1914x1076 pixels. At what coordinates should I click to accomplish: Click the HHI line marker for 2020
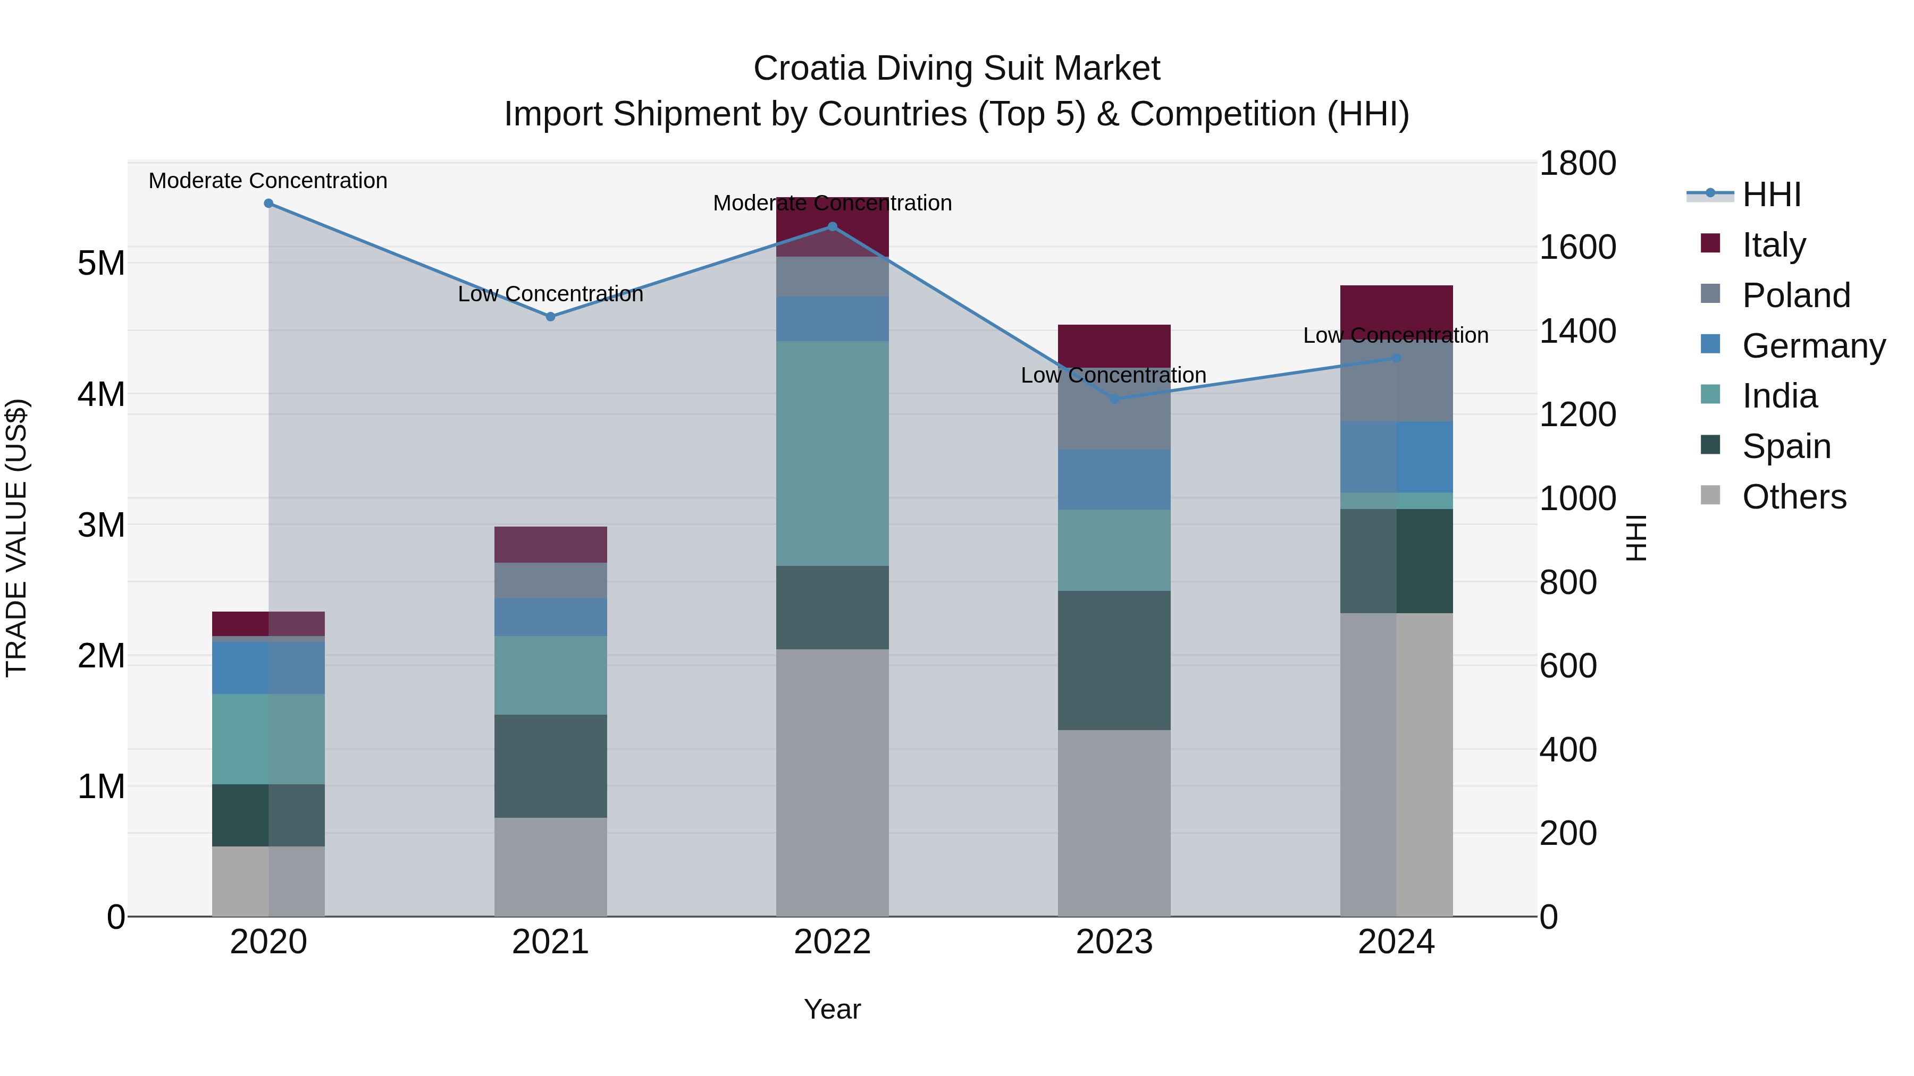click(x=268, y=203)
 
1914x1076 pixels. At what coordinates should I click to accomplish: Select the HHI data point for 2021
click(x=551, y=316)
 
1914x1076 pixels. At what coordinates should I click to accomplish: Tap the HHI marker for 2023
click(x=1114, y=399)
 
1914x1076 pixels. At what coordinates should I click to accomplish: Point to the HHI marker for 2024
click(x=1396, y=358)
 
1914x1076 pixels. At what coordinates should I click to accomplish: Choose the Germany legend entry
click(x=1812, y=346)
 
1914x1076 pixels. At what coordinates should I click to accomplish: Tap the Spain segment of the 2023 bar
click(x=1114, y=659)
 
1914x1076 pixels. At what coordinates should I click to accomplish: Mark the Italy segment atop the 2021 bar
click(x=551, y=544)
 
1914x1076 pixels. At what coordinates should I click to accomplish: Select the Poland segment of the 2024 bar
click(x=1396, y=380)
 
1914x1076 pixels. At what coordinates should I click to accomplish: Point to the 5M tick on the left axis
click(x=101, y=263)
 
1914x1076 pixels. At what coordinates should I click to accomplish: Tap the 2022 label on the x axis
click(x=832, y=942)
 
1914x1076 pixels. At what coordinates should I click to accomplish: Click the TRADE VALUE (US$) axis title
click(x=17, y=538)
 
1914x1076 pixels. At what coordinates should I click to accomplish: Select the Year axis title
click(x=832, y=1009)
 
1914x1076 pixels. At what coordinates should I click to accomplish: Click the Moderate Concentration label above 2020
click(x=268, y=181)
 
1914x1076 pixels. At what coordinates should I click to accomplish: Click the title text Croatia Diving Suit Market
click(x=956, y=69)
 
